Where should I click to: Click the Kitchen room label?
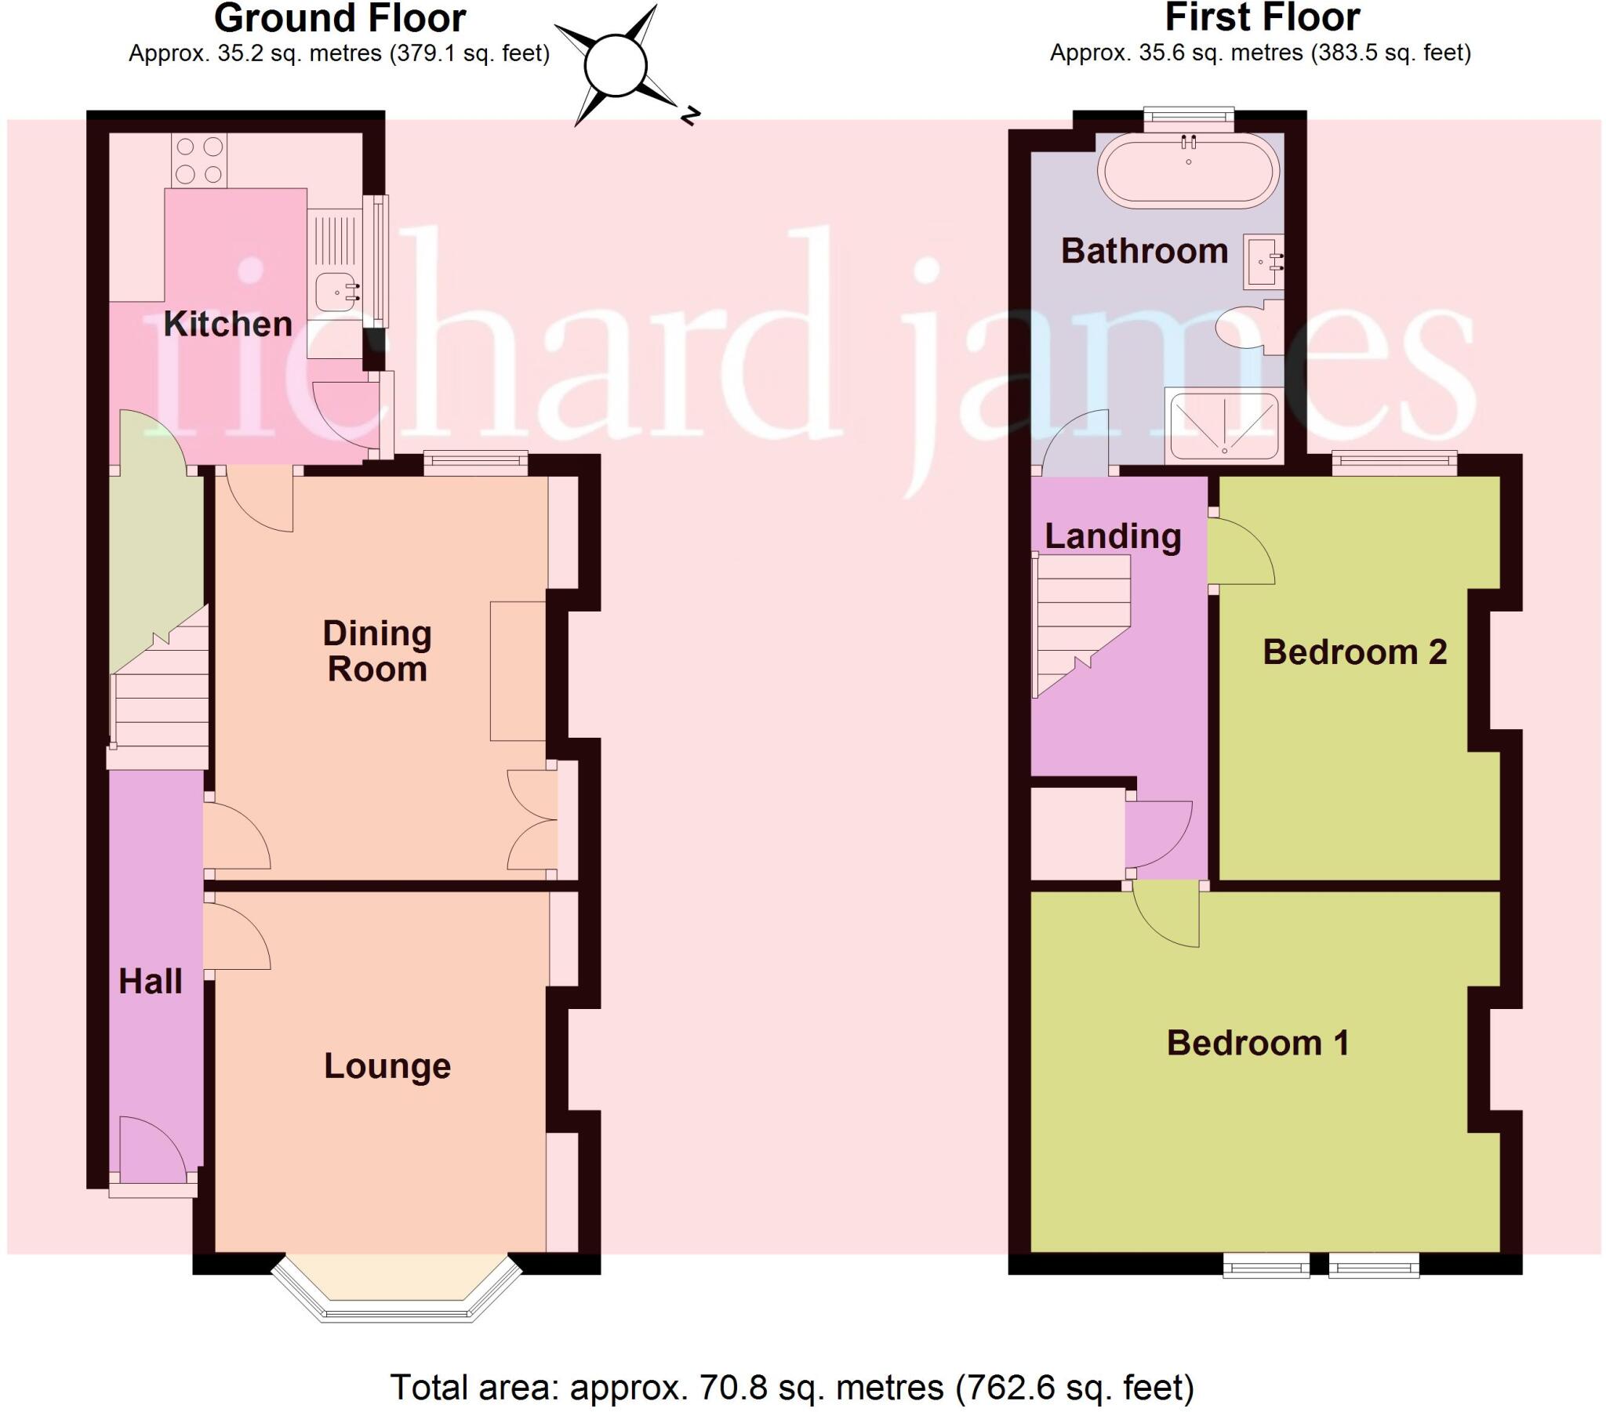click(x=227, y=324)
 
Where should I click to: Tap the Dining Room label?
click(x=377, y=652)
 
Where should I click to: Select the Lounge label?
click(x=387, y=1066)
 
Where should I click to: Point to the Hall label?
click(x=150, y=982)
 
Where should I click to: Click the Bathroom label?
click(x=1144, y=252)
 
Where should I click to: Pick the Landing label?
click(x=1113, y=537)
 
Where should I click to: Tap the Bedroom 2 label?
click(x=1354, y=652)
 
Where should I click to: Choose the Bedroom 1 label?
click(x=1258, y=1044)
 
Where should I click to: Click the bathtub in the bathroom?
click(x=1188, y=171)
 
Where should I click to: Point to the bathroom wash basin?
click(x=1263, y=261)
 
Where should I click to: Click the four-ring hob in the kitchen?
click(x=198, y=160)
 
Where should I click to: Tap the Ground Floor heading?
click(x=340, y=17)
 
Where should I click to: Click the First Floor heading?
click(x=1262, y=17)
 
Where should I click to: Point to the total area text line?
click(x=791, y=1387)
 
